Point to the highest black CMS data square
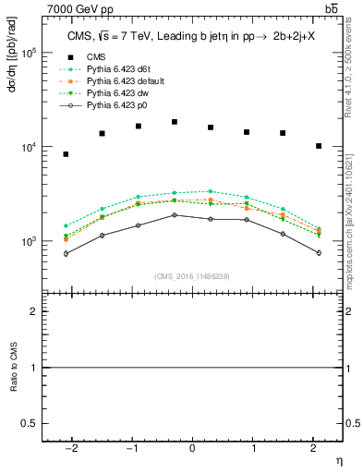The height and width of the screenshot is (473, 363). [x=175, y=122]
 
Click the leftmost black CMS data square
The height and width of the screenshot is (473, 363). [x=66, y=154]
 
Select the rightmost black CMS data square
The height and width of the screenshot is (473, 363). [x=319, y=146]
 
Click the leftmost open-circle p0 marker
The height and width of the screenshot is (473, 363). [x=66, y=253]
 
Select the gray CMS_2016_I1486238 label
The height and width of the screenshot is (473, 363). [x=192, y=276]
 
